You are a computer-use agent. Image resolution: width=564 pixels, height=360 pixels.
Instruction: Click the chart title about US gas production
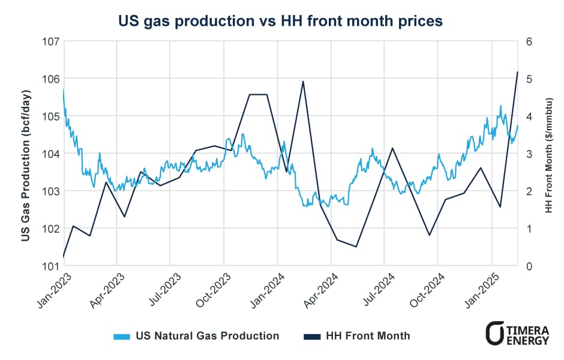click(281, 21)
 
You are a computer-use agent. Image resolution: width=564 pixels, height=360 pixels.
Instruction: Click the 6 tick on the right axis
click(530, 41)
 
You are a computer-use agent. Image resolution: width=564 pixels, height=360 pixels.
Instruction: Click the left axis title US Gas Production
click(26, 154)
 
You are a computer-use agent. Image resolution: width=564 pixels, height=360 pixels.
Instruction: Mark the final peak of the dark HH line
click(517, 72)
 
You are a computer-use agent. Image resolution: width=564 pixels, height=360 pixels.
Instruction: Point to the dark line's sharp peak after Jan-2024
click(304, 81)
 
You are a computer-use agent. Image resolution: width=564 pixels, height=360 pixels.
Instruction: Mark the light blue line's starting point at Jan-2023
click(63, 89)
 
